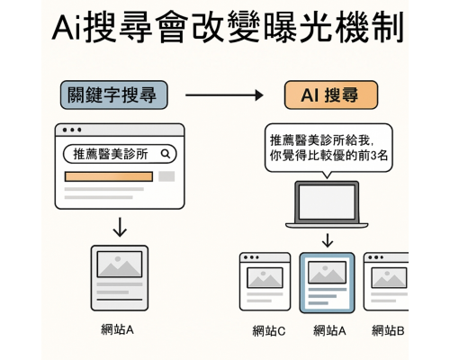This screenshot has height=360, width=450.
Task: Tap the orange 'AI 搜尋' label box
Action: [330, 94]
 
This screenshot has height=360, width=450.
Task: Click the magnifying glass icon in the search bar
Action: [166, 154]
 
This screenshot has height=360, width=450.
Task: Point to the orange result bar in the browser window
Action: [108, 176]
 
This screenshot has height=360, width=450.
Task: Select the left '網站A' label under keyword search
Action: [118, 329]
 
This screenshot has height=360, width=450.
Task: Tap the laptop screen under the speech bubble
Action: [328, 201]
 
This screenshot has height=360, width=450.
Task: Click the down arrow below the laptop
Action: [328, 239]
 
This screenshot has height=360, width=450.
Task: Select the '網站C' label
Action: [269, 330]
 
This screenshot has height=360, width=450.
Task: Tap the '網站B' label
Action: [388, 330]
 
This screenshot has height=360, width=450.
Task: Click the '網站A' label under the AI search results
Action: [329, 330]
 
